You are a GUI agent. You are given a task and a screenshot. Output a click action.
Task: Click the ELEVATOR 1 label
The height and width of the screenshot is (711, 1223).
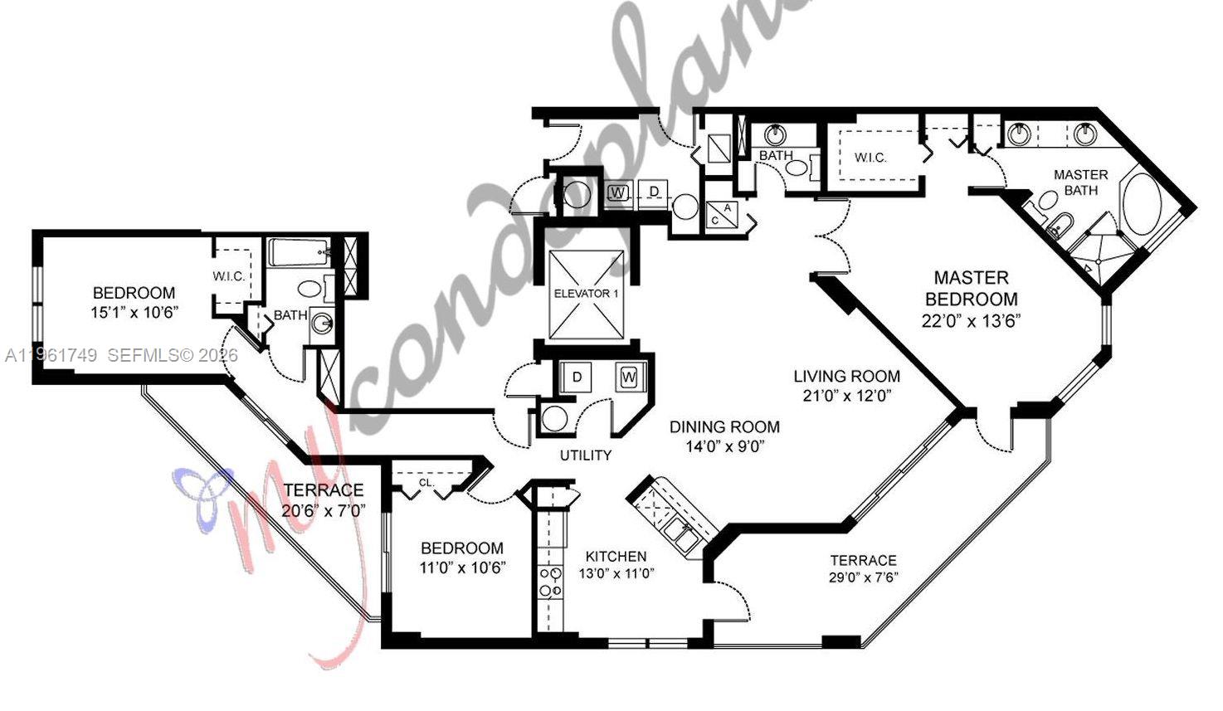click(x=586, y=294)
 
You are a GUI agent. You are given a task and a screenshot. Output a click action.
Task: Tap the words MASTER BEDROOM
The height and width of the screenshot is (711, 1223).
click(x=971, y=288)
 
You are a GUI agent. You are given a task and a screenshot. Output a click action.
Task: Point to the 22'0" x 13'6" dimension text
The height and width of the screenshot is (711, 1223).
click(x=971, y=320)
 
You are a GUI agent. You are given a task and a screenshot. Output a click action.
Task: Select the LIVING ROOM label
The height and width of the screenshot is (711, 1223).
click(x=846, y=377)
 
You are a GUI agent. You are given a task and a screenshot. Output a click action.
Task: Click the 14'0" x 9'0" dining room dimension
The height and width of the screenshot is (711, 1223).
click(x=724, y=446)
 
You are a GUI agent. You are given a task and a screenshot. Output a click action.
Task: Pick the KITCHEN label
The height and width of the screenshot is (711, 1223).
click(x=616, y=556)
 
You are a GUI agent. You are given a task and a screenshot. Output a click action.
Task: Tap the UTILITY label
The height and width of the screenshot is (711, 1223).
click(x=585, y=455)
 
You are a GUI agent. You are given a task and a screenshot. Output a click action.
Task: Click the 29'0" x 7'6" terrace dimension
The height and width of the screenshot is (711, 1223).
click(x=863, y=577)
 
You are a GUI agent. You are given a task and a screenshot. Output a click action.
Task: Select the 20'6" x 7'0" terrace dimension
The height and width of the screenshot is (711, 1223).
click(x=323, y=511)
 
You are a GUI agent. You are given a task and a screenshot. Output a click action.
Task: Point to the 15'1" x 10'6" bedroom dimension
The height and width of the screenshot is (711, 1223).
click(x=134, y=313)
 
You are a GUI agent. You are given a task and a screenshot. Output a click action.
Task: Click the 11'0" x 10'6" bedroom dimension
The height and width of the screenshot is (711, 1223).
click(x=462, y=567)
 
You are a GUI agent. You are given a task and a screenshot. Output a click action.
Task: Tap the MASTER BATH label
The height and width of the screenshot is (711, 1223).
click(x=1080, y=183)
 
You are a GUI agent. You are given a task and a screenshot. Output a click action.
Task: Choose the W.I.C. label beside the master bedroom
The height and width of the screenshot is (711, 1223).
click(x=870, y=158)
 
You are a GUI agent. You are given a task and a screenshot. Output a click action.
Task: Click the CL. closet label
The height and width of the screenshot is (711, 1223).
click(x=426, y=482)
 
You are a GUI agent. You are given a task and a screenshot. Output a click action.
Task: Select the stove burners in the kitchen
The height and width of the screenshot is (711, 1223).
click(x=548, y=582)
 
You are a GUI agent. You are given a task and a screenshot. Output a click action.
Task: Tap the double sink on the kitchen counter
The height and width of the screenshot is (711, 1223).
click(x=680, y=535)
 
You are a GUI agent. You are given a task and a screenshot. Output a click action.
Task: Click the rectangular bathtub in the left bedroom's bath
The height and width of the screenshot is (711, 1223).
click(x=298, y=253)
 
